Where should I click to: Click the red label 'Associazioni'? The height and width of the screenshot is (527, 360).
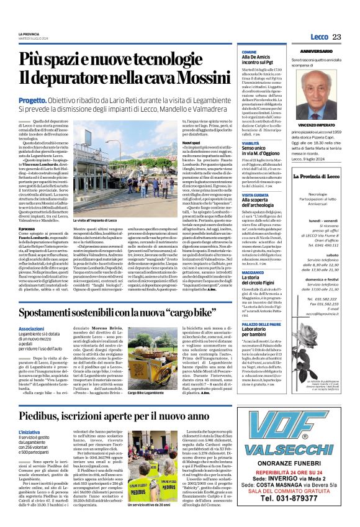coord(31,311)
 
